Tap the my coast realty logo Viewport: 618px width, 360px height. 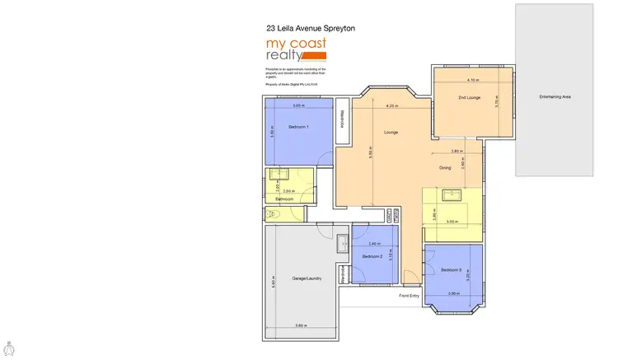coord(296,49)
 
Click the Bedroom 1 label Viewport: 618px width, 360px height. coord(298,128)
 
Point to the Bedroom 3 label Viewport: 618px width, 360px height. coord(451,270)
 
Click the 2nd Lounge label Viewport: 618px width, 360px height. coord(471,98)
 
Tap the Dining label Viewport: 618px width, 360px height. coord(445,168)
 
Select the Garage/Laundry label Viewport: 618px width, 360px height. coord(306,278)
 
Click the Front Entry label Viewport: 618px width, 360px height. coord(410,295)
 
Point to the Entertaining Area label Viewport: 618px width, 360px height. coord(555,97)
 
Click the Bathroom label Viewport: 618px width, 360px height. coord(285,199)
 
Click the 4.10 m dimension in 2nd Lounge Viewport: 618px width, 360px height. coord(472,81)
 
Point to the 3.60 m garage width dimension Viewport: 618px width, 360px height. coord(301,327)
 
